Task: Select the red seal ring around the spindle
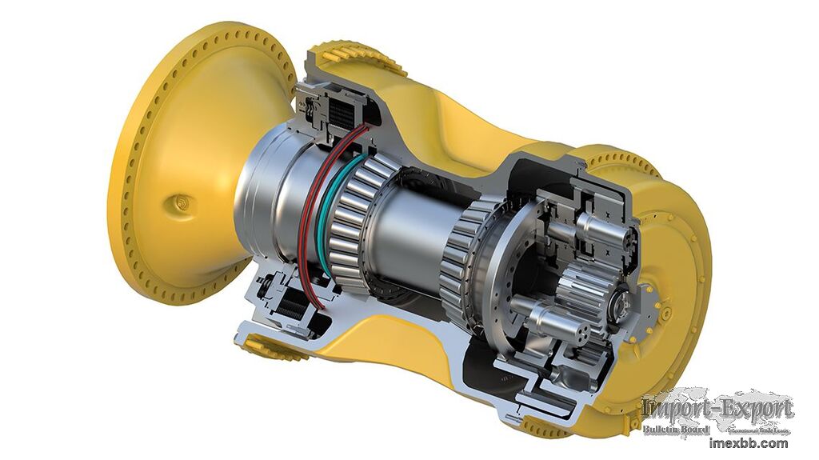coord(304,216)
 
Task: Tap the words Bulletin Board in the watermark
coord(676,430)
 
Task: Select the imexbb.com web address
coord(749,442)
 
